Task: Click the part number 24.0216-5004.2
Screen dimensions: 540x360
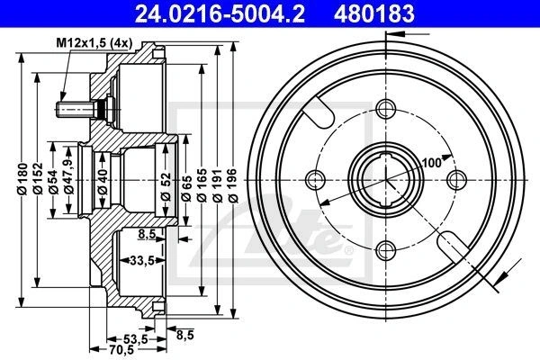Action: tap(220, 14)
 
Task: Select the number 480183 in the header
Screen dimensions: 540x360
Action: tap(373, 14)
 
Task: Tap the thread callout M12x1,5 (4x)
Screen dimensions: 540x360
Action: tap(94, 43)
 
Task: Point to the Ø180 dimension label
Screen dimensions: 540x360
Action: tap(22, 179)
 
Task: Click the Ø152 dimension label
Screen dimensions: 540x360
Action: tap(38, 179)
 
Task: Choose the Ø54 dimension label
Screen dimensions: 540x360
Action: tap(53, 182)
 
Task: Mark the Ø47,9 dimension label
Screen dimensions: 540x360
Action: tap(69, 175)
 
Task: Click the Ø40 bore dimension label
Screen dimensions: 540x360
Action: tap(103, 182)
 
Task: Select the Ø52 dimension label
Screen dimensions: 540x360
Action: tap(166, 186)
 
